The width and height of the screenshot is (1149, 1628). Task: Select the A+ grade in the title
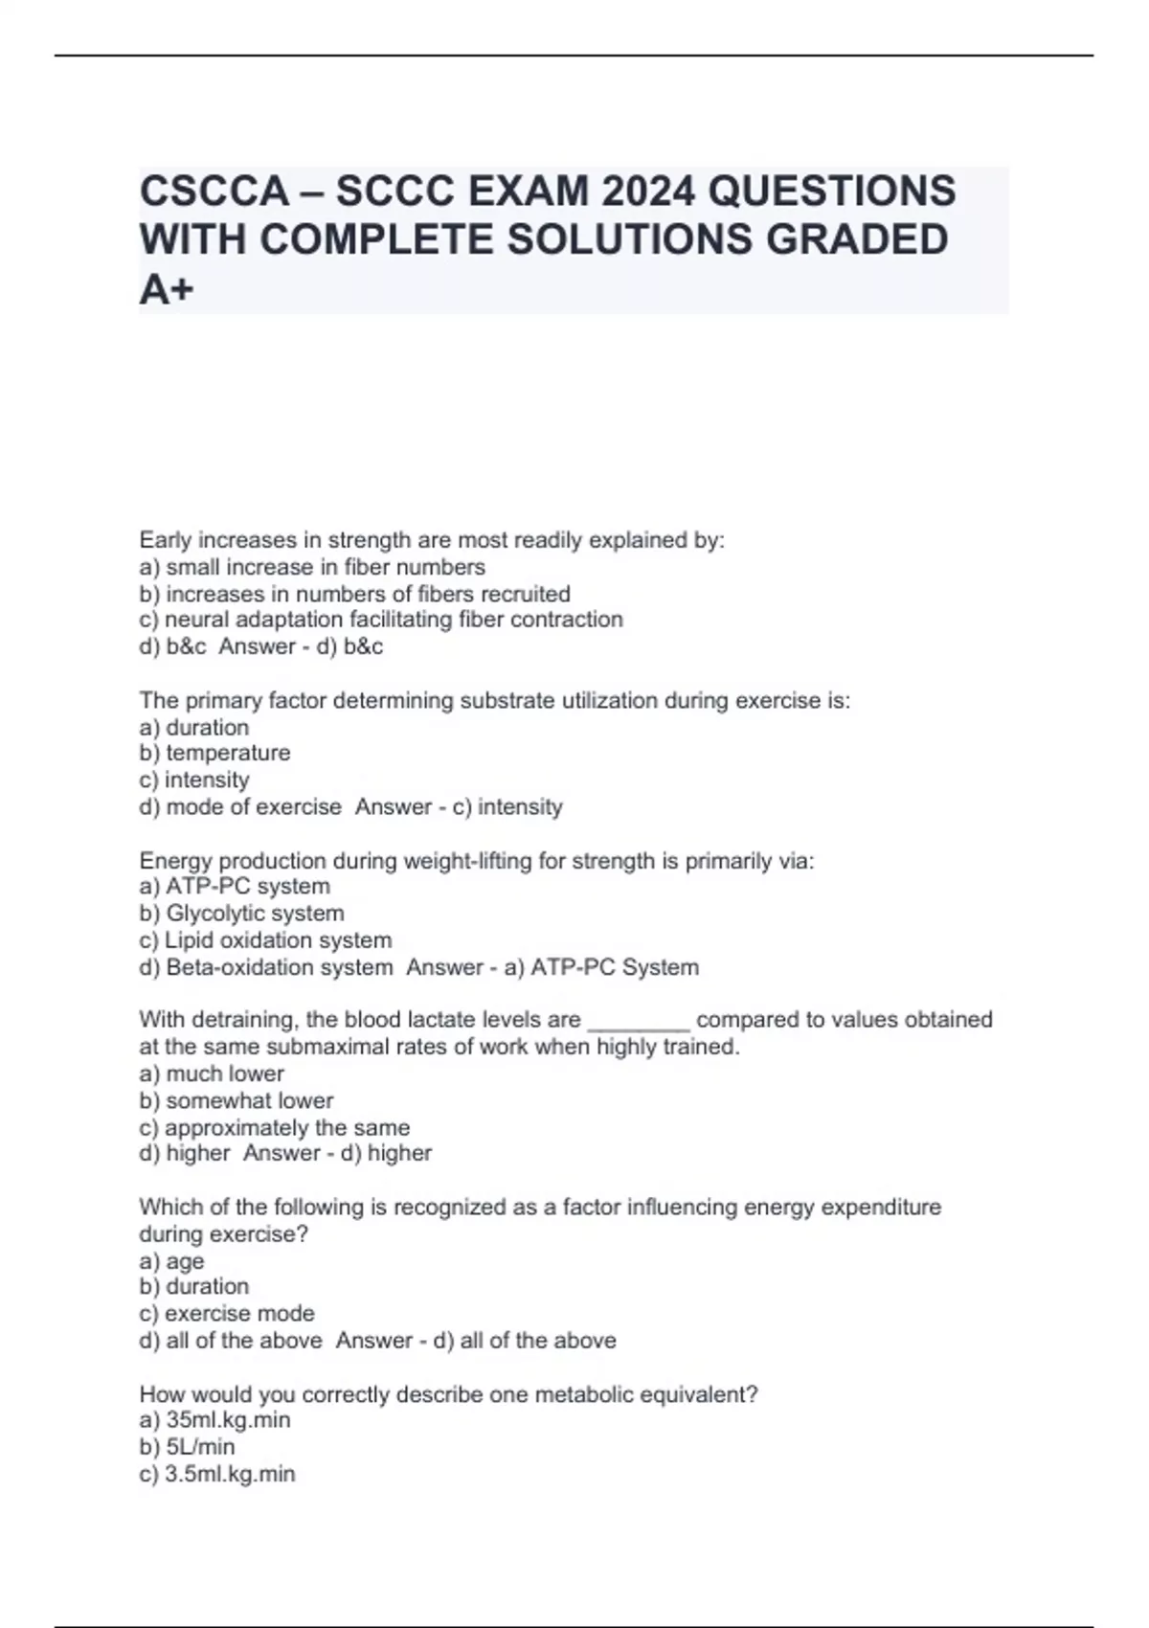167,288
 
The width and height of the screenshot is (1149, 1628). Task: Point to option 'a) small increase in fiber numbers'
312,567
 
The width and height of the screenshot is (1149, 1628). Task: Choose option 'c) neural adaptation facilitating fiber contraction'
381,620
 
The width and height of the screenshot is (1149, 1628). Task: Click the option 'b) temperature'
214,753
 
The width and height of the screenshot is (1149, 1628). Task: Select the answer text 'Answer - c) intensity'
459,806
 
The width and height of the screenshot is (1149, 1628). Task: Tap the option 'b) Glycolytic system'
241,914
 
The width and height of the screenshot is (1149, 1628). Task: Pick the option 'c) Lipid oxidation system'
265,940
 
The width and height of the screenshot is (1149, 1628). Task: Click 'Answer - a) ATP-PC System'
552,967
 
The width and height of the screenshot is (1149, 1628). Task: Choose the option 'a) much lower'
212,1074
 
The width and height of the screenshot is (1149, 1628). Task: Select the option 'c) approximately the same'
274,1127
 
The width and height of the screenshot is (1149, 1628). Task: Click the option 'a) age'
171,1261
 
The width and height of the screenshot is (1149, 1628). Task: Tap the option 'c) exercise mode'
226,1314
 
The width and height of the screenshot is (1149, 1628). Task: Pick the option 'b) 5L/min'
187,1447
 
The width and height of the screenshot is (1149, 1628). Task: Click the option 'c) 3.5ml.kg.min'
217,1474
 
